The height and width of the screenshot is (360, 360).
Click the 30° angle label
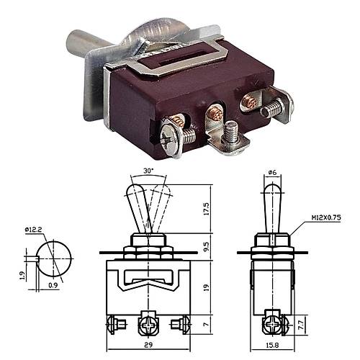(x=148, y=171)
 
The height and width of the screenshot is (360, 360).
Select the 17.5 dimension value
(x=207, y=209)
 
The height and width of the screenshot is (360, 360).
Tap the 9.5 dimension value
(x=207, y=247)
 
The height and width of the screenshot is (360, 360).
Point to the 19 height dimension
(x=207, y=287)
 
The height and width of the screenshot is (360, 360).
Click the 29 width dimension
(x=148, y=345)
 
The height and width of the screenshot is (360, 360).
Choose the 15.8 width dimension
(x=272, y=345)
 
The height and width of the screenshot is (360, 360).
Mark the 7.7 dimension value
(x=302, y=325)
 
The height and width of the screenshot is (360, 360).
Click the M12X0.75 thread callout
(x=326, y=218)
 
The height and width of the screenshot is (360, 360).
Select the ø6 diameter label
(x=272, y=172)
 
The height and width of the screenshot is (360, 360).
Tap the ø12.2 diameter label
(x=33, y=230)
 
